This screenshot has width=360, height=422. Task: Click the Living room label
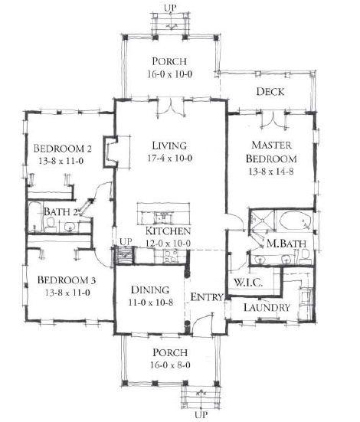coord(169,146)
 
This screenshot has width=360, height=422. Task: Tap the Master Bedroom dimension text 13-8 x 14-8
coord(271,172)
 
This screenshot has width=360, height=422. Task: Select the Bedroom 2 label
coord(63,149)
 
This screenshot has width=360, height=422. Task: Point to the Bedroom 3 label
coord(67,280)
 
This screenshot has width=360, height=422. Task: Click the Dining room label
coord(150,290)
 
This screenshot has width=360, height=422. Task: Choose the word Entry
coord(207,297)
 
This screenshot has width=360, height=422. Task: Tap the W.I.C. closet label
coord(248,283)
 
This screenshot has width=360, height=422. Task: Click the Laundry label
coord(267,307)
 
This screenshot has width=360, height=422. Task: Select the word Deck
coord(270,91)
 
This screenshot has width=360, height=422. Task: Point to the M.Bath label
coord(286,244)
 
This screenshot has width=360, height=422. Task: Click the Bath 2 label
coord(61,212)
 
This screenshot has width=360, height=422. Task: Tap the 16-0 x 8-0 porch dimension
coord(171,365)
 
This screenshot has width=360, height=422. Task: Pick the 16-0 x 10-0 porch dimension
coord(169,74)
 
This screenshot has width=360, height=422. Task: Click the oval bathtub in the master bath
coord(296,221)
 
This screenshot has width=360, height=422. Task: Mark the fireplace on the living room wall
coord(111,152)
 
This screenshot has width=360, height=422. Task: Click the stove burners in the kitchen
coord(171,256)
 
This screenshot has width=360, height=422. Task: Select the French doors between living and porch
coord(171,108)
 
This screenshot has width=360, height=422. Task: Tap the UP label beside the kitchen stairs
coord(126,242)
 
